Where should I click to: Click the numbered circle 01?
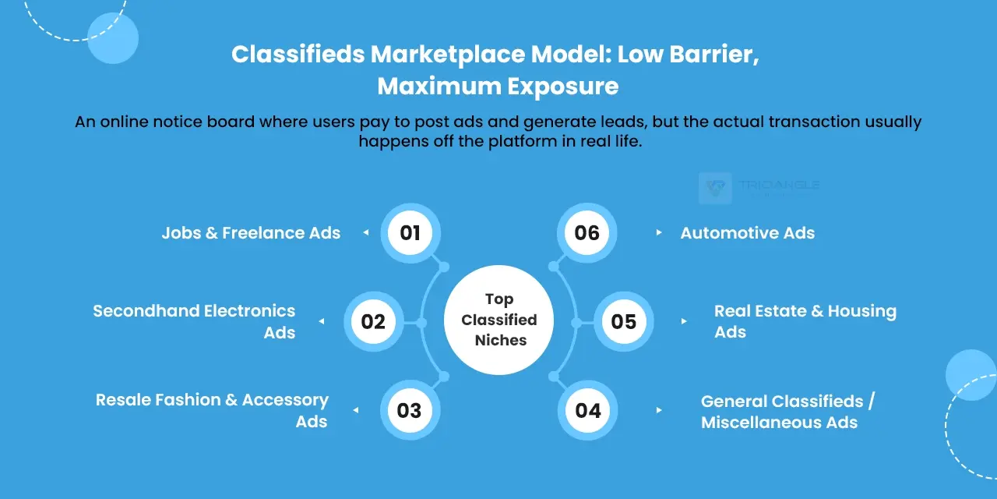click(x=410, y=233)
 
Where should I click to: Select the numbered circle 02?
click(x=373, y=322)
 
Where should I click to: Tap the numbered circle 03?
click(x=409, y=410)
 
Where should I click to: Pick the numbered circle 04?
click(x=588, y=410)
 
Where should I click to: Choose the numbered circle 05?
click(x=624, y=322)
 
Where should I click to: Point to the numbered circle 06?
click(x=587, y=233)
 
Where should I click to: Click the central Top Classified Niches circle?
click(x=499, y=320)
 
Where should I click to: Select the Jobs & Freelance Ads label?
click(x=251, y=233)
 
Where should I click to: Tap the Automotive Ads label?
click(x=747, y=233)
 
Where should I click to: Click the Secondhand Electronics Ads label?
click(x=194, y=322)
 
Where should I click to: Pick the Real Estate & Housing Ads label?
click(x=805, y=321)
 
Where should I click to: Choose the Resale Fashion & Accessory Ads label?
click(x=212, y=410)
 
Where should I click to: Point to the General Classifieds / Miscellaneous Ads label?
click(x=787, y=412)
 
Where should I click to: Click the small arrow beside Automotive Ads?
click(x=659, y=232)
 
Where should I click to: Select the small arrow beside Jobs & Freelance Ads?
click(x=365, y=232)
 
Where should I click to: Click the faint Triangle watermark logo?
click(x=715, y=188)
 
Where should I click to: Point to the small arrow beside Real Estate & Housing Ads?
click(x=684, y=321)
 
